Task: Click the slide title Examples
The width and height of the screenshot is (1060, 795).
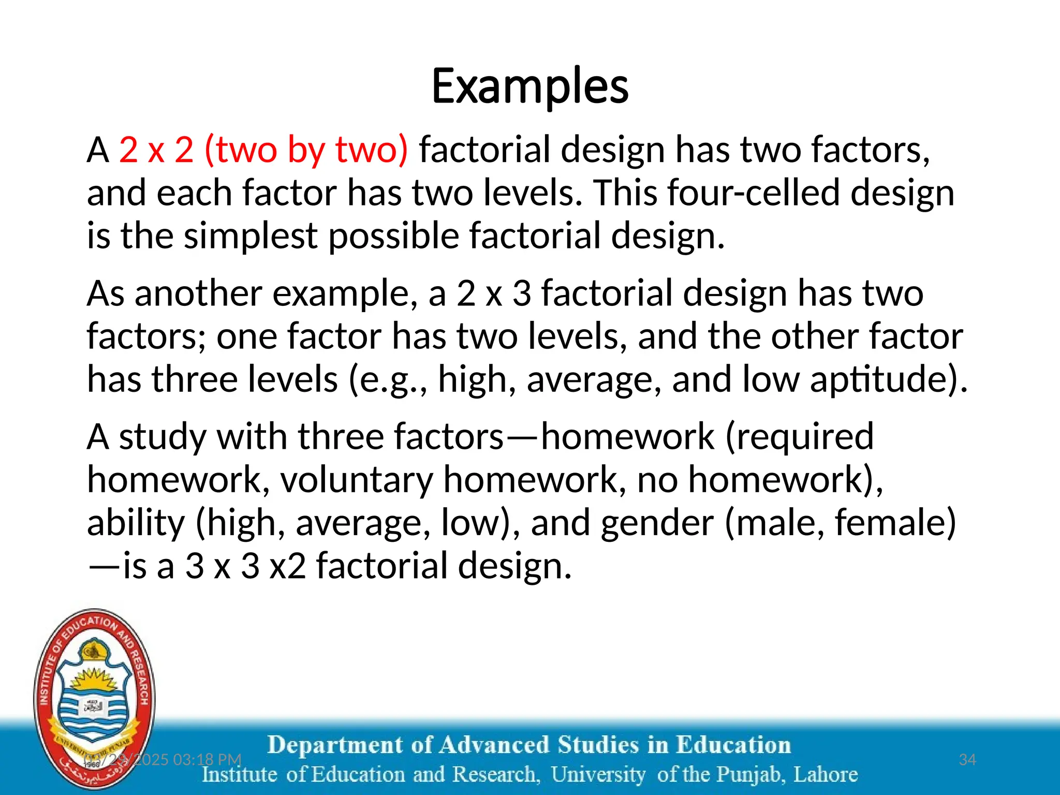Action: coord(530,86)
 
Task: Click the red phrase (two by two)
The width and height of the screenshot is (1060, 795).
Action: coord(306,150)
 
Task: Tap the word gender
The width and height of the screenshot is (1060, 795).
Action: coord(657,523)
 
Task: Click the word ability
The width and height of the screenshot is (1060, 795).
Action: coord(136,523)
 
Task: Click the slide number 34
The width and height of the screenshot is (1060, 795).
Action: coord(967,759)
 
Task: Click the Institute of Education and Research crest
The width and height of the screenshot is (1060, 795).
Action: coord(94,698)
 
